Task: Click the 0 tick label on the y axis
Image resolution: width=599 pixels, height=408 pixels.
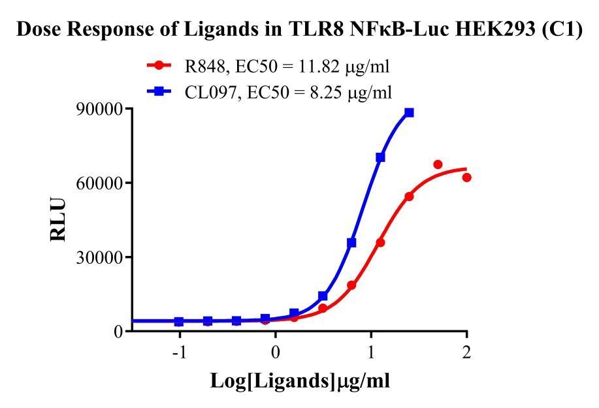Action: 118,332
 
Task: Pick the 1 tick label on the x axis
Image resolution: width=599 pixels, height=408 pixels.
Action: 371,351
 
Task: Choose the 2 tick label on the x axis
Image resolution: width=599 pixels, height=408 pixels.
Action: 466,351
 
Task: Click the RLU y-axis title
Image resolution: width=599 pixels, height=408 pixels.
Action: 59,221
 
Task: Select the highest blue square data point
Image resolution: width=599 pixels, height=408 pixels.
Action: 409,112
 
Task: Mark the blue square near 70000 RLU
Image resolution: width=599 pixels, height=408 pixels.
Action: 380,157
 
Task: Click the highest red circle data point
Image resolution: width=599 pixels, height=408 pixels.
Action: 438,165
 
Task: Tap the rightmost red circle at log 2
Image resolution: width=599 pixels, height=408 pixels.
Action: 466,178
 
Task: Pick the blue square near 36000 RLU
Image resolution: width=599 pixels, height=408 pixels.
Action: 351,242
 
